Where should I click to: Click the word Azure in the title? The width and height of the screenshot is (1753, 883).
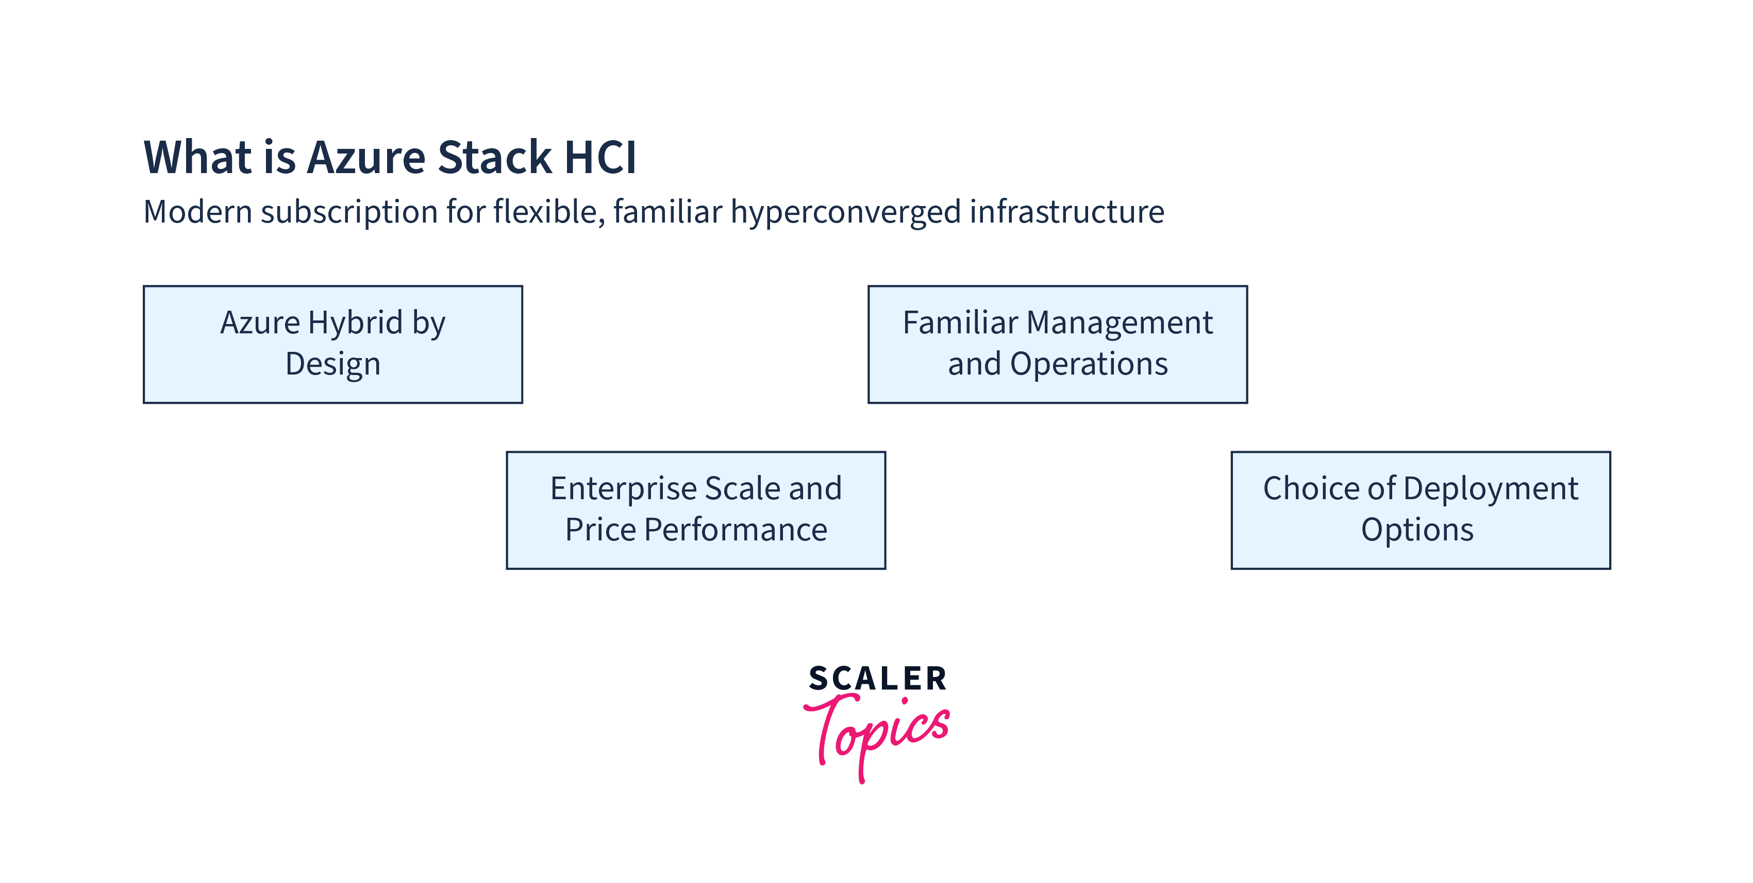[x=366, y=158]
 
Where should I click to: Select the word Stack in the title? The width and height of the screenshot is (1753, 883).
[x=494, y=158]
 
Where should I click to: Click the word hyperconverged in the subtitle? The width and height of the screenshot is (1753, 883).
[x=846, y=212]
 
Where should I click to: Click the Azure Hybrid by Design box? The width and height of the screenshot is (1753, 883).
[x=333, y=344]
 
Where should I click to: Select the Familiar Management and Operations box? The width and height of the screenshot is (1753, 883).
[x=1058, y=344]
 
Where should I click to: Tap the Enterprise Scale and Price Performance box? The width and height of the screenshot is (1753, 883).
[x=695, y=510]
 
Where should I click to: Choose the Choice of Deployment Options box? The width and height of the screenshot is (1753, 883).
[x=1420, y=510]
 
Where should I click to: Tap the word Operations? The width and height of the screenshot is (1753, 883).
[x=1089, y=364]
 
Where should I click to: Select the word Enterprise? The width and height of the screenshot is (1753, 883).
[x=623, y=488]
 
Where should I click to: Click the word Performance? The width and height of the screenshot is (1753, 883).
[x=735, y=530]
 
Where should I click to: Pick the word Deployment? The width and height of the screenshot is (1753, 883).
[x=1490, y=488]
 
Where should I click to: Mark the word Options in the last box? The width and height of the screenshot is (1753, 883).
[x=1417, y=530]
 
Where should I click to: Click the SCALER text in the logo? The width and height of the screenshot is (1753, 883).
[x=877, y=679]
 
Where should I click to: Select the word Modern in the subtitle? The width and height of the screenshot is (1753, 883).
[x=197, y=212]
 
